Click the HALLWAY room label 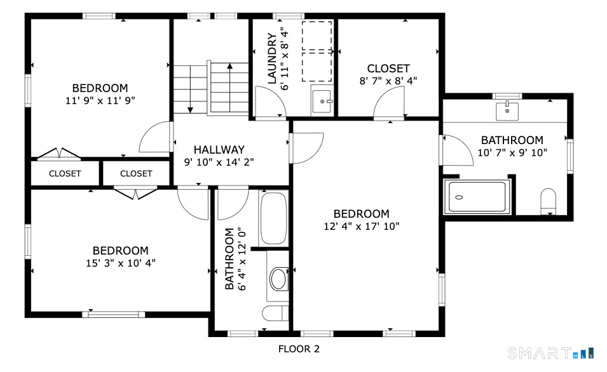click(x=219, y=150)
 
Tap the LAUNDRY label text click(x=273, y=58)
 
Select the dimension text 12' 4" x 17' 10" click(x=362, y=226)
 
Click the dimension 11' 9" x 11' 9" click(x=100, y=100)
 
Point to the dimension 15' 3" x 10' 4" click(x=121, y=263)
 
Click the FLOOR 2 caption click(x=299, y=349)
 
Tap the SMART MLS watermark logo click(x=550, y=353)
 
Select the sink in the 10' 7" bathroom click(x=507, y=111)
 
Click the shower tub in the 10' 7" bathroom click(x=477, y=196)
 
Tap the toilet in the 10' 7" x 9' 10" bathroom click(x=548, y=201)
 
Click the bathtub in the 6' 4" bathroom click(x=273, y=218)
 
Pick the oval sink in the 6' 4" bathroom click(x=278, y=279)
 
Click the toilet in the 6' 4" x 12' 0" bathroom click(x=275, y=313)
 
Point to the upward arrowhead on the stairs click(x=230, y=66)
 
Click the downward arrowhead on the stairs click(x=190, y=110)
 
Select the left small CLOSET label click(x=65, y=174)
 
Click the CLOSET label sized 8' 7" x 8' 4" click(x=388, y=69)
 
